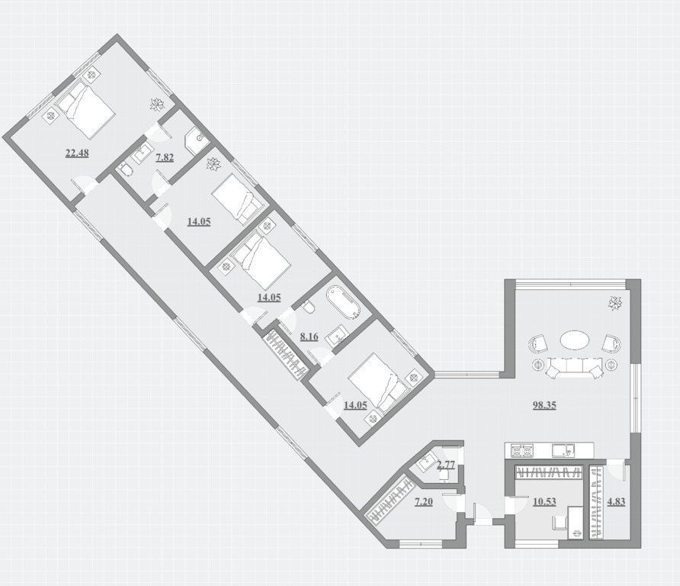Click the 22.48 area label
tap(77, 153)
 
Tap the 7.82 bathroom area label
tap(165, 157)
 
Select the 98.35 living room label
tap(544, 405)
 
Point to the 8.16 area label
tap(310, 336)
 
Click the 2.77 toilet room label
tap(446, 465)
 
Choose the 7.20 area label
tap(424, 502)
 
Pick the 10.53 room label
tap(544, 501)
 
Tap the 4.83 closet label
tap(616, 501)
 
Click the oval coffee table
tap(575, 340)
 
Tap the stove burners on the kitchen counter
tap(522, 451)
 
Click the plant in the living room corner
tap(615, 303)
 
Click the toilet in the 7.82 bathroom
tap(125, 169)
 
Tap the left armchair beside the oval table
tap(537, 344)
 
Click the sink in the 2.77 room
tap(427, 462)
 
